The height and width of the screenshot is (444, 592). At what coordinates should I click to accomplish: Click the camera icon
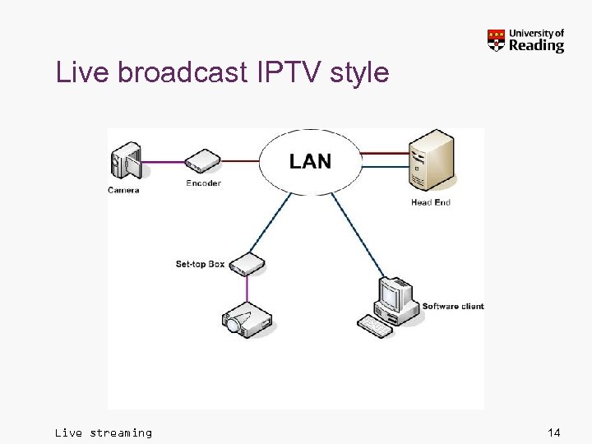[x=127, y=160]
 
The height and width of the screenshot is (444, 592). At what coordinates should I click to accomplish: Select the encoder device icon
[x=203, y=161]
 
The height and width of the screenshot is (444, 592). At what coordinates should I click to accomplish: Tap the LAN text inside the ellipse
[x=311, y=161]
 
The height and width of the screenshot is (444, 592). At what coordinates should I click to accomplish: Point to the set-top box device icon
[x=247, y=264]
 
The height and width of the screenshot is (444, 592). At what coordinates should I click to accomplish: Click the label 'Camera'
[x=123, y=190]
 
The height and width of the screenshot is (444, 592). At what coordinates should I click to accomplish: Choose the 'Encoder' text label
[x=203, y=183]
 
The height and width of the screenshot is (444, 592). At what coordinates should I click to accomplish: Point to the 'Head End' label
[x=431, y=202]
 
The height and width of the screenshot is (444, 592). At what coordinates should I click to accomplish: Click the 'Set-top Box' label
[x=200, y=264]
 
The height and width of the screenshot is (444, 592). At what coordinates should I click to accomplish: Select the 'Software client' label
[x=453, y=307]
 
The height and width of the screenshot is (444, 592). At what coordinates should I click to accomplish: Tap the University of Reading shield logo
[x=496, y=40]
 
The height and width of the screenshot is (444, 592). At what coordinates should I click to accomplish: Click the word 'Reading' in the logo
[x=536, y=46]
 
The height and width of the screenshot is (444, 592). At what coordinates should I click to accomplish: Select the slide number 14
[x=553, y=432]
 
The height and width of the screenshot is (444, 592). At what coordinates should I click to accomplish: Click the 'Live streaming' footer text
[x=104, y=432]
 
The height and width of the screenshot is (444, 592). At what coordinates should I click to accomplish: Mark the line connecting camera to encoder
[x=163, y=161]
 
